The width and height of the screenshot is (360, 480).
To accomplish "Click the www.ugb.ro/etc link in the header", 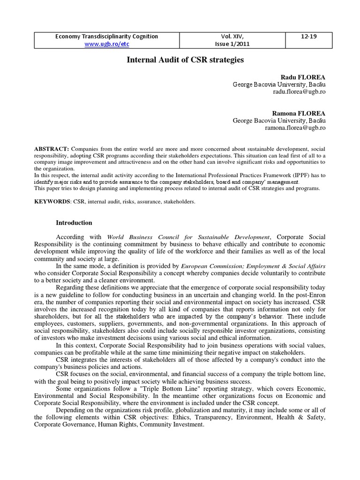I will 107,44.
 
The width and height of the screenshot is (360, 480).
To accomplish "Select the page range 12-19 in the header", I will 309,37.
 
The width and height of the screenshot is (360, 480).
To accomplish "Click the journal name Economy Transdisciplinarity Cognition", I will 107,37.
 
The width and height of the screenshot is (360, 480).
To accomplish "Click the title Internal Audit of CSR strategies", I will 180,60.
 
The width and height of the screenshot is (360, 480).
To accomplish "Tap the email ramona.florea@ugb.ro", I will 295,128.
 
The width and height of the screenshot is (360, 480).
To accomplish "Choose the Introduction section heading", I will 74,223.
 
